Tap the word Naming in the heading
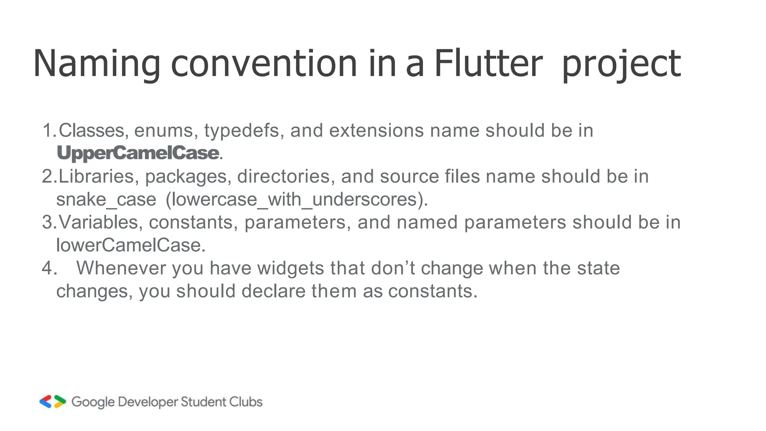click(x=96, y=64)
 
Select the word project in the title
click(x=621, y=64)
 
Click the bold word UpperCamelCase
click(x=138, y=153)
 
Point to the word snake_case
click(x=106, y=199)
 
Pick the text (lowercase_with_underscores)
click(x=296, y=199)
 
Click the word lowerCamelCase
click(x=130, y=245)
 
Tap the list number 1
click(x=49, y=131)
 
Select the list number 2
click(x=49, y=177)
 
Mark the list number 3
click(x=49, y=222)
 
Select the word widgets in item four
click(x=290, y=268)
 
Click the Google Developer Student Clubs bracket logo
click(x=53, y=401)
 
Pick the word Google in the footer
click(x=93, y=402)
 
